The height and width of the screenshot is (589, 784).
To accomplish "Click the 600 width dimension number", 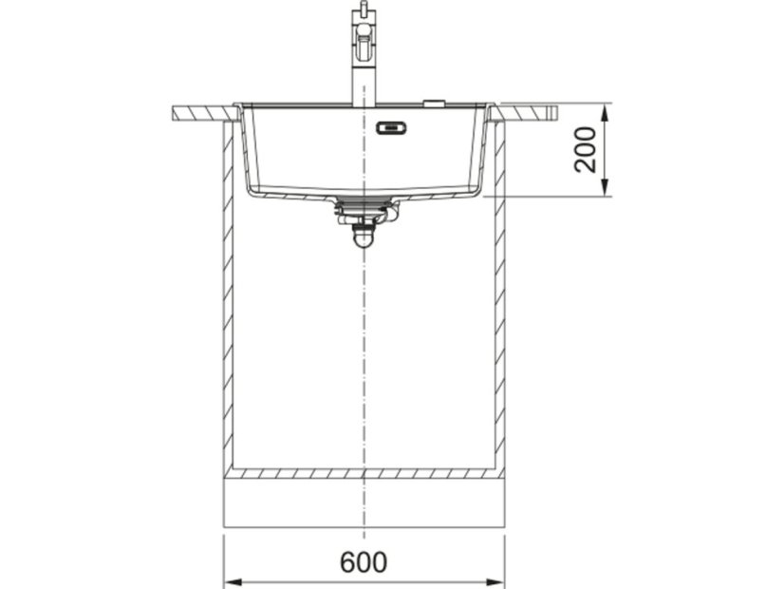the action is click(x=364, y=562).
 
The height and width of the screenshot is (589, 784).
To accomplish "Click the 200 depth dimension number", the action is click(x=586, y=150).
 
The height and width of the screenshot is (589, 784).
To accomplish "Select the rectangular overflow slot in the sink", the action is click(x=393, y=128).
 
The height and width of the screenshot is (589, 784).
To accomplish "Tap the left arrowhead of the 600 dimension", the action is click(x=233, y=582).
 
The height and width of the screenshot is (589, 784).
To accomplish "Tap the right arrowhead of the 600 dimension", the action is click(x=495, y=582).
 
